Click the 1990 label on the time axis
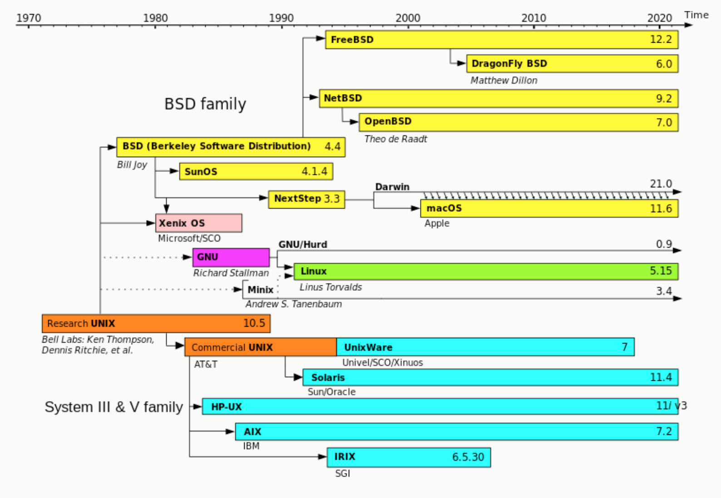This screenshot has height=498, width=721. (x=281, y=18)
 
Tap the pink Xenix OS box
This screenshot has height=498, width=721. (x=198, y=223)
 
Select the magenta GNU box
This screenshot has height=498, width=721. (x=231, y=257)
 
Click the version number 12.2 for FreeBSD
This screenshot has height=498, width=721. (x=661, y=40)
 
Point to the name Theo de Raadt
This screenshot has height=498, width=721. (x=395, y=139)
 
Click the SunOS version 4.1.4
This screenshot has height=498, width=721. (x=314, y=171)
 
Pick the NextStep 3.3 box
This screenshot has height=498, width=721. (x=306, y=199)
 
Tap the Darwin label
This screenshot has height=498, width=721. (x=392, y=187)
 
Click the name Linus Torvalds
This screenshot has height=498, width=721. (x=331, y=287)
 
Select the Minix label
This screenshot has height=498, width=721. (x=260, y=290)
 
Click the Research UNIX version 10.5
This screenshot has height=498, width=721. (x=254, y=323)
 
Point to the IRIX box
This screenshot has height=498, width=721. (x=409, y=457)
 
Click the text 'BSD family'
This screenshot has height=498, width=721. (x=205, y=104)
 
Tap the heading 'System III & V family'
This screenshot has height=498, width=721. (x=114, y=407)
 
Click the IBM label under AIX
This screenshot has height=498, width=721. (x=251, y=446)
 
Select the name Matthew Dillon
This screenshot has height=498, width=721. (x=504, y=80)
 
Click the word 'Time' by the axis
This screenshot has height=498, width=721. (x=696, y=15)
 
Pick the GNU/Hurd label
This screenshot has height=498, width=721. (x=303, y=244)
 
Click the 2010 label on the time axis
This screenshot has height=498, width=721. (x=533, y=18)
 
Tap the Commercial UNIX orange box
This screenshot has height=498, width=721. (x=261, y=347)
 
